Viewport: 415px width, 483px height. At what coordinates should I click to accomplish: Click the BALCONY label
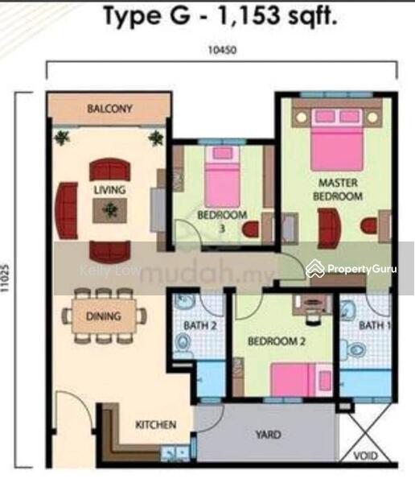[x=109, y=109]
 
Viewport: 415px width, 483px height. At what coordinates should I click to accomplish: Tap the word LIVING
[x=110, y=190]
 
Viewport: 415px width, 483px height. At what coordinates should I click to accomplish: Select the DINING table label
[x=104, y=316]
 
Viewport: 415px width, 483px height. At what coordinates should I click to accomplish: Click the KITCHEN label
[x=156, y=425]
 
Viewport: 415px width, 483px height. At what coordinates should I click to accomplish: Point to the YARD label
[x=269, y=435]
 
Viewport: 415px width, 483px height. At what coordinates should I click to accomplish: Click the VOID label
[x=365, y=456]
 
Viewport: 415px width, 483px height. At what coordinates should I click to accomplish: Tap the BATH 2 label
[x=200, y=325]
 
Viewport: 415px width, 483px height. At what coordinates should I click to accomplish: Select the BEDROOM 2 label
[x=277, y=341]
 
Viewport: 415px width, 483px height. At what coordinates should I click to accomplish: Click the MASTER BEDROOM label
[x=338, y=189]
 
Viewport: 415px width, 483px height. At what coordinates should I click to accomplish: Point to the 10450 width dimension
[x=223, y=50]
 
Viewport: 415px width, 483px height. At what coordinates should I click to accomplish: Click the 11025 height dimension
[x=6, y=278]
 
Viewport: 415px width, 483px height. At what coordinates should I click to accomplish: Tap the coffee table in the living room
[x=110, y=210]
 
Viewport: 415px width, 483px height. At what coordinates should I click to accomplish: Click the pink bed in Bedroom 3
[x=222, y=176]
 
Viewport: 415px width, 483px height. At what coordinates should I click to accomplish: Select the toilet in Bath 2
[x=183, y=342]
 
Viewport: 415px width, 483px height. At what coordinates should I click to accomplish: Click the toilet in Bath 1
[x=353, y=349]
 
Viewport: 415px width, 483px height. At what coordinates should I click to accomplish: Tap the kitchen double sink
[x=175, y=453]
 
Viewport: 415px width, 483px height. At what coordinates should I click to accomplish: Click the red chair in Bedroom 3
[x=250, y=229]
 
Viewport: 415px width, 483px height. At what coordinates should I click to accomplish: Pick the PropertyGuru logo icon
[x=315, y=269]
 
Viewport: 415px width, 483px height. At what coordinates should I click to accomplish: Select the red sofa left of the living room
[x=66, y=211]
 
